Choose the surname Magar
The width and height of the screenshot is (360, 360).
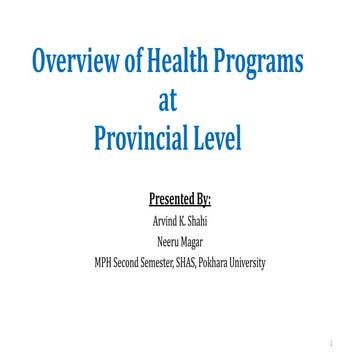click(x=197, y=243)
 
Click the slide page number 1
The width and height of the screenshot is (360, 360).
click(x=341, y=340)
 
